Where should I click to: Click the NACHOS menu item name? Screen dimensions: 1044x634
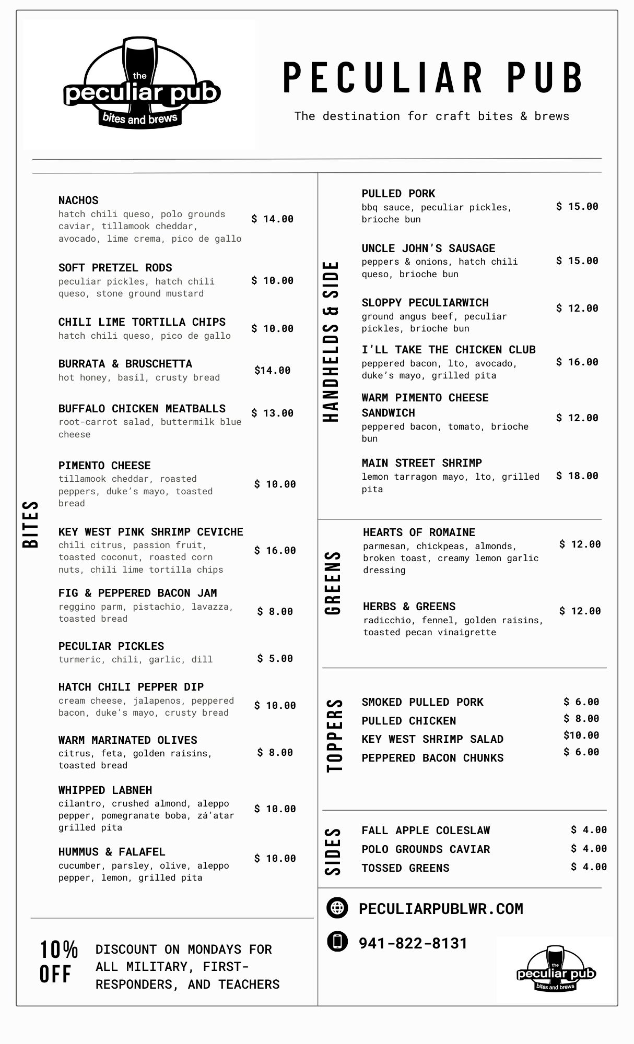78,200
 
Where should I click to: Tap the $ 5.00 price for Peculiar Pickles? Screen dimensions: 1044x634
275,659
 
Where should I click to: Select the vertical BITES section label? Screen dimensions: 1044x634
31,524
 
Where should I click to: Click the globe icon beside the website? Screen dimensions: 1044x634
337,908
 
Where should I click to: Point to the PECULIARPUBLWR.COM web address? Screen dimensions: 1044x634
441,909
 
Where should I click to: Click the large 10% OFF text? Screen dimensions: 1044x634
58,962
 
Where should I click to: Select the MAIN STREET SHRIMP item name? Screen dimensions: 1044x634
421,463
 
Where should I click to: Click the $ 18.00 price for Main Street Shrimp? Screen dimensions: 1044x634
577,476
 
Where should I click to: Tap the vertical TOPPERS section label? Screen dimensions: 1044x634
335,735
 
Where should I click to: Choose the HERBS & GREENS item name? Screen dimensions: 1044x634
409,607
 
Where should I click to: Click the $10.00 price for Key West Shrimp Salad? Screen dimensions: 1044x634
581,735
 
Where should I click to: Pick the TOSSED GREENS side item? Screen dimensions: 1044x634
405,868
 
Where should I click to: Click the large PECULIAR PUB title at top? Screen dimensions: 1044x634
432,78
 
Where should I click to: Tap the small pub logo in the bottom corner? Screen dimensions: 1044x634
556,970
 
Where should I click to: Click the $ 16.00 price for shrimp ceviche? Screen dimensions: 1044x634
275,550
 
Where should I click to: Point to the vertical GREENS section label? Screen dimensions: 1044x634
333,583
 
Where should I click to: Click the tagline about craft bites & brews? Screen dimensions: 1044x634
431,116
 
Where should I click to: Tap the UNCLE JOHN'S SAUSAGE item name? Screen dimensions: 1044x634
428,248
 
